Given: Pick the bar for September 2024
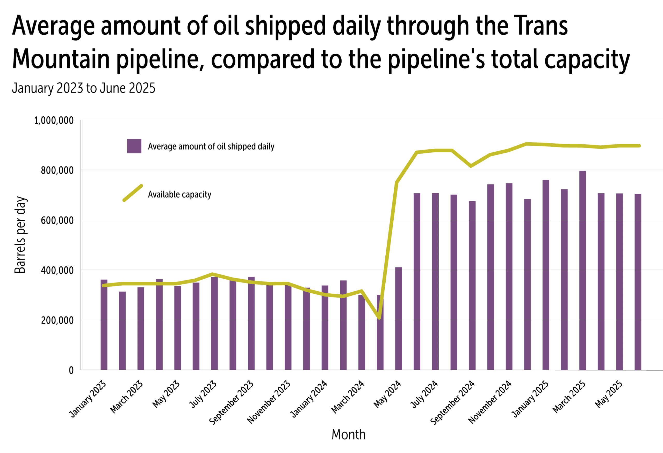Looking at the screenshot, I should click(x=472, y=285).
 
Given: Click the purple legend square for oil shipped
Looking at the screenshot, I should click(x=134, y=146).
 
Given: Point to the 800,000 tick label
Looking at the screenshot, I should click(x=57, y=171).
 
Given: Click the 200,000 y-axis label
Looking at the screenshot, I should click(x=57, y=321).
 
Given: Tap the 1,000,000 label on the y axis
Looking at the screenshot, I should click(x=54, y=121).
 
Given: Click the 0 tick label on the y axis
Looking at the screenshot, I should click(x=71, y=371).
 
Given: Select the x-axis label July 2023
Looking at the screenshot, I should click(x=203, y=394).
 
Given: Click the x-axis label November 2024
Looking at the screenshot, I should click(x=490, y=402).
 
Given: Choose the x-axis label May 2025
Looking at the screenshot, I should click(x=609, y=394).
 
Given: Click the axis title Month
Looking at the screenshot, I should click(x=348, y=434).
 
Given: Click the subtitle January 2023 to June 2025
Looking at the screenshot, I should click(x=84, y=88).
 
